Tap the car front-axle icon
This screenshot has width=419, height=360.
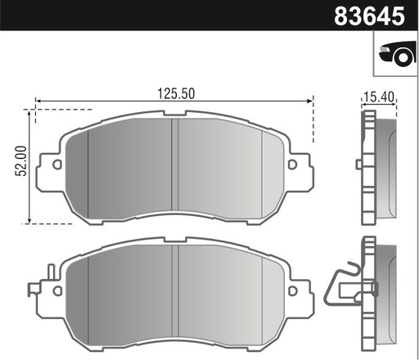tap(396, 55)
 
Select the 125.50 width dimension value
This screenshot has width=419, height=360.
tap(175, 93)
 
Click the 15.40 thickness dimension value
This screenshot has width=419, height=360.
tap(377, 97)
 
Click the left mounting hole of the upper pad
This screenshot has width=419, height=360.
tap(56, 164)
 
